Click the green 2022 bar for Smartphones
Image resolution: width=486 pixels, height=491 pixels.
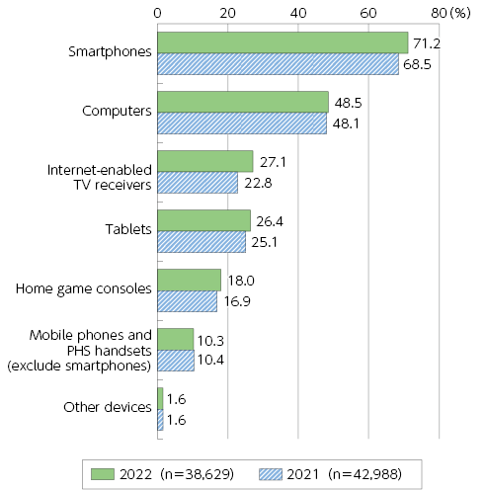tap(283, 42)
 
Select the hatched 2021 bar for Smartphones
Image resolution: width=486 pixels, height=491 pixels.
tap(278, 64)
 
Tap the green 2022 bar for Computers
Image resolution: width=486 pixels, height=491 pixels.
tap(243, 102)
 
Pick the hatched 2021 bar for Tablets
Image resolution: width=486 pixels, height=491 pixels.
tap(202, 242)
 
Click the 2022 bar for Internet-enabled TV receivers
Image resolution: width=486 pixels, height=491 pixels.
tap(205, 161)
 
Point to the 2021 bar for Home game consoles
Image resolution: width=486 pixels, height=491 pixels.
tap(187, 301)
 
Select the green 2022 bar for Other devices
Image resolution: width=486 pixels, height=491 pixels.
tap(160, 398)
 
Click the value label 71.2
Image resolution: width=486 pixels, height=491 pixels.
tap(427, 43)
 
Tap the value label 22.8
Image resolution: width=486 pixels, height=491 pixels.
tap(258, 183)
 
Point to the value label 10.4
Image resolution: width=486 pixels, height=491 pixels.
tap(210, 360)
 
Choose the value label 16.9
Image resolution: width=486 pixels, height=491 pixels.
tap(237, 301)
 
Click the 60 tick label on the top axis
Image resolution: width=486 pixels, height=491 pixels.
tap(368, 13)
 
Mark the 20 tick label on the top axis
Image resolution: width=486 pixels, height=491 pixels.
tap(227, 13)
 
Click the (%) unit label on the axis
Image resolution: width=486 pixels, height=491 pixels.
tap(460, 13)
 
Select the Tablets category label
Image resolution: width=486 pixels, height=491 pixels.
tap(128, 229)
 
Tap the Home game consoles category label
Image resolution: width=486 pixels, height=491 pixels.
tap(84, 289)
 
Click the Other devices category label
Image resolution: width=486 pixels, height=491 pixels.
tap(108, 407)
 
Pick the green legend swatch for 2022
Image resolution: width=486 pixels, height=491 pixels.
tap(103, 474)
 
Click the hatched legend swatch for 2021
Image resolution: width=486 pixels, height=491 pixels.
tap(271, 474)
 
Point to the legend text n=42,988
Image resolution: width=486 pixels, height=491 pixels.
tap(365, 474)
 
